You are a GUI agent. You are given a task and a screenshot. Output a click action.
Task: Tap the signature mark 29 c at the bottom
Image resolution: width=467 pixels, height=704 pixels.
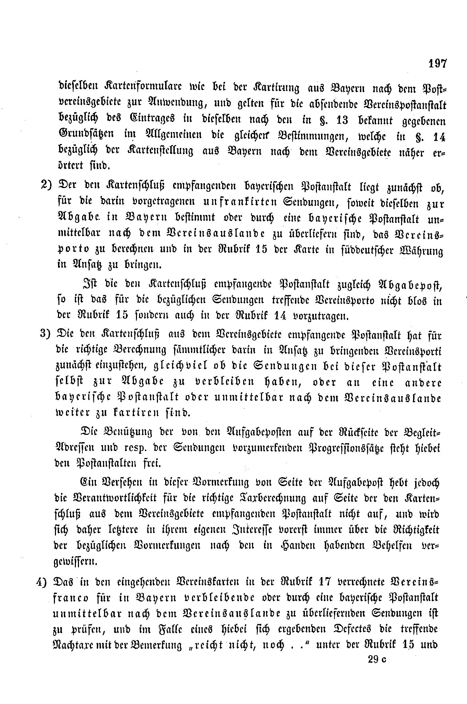(376, 659)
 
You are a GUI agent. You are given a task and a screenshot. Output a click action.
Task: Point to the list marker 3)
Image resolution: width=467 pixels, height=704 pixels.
(46, 335)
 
